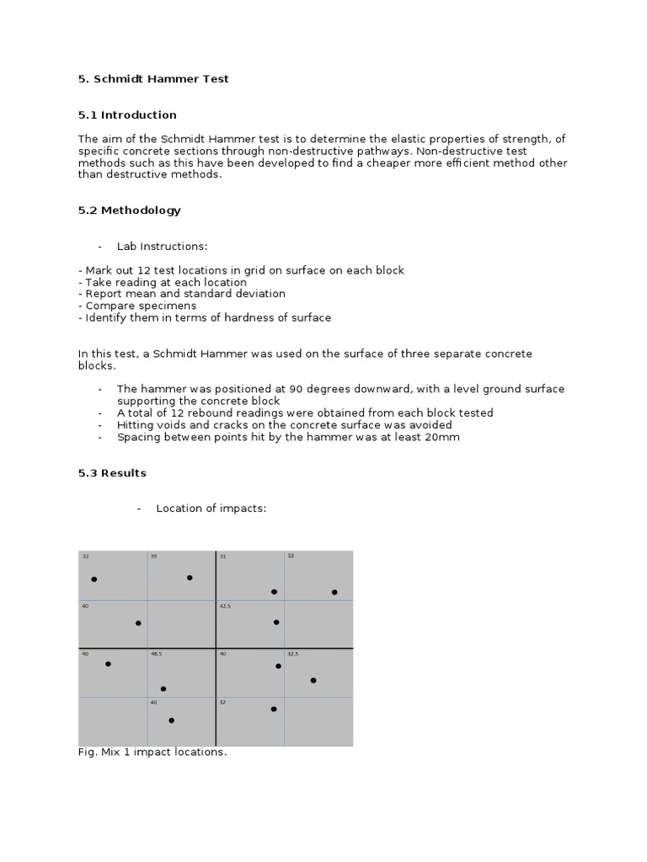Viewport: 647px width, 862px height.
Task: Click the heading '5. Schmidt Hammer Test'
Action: (x=153, y=79)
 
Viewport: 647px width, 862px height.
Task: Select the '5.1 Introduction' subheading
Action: (x=127, y=115)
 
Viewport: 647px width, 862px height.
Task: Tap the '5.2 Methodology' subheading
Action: (x=129, y=210)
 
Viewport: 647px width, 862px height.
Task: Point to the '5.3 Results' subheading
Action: (x=112, y=473)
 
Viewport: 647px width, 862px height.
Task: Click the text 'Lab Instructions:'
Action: (x=162, y=247)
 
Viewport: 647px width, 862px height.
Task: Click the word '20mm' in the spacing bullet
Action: (x=443, y=438)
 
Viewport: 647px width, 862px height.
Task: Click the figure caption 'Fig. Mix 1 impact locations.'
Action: (x=152, y=753)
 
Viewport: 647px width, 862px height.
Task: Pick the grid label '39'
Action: (x=153, y=557)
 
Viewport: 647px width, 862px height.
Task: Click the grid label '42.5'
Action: (x=225, y=606)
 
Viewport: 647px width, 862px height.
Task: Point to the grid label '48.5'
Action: (x=157, y=654)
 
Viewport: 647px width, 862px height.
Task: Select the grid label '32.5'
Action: (x=293, y=654)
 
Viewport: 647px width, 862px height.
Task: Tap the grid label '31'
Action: (x=222, y=557)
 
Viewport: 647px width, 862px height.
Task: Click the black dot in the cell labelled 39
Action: (x=190, y=577)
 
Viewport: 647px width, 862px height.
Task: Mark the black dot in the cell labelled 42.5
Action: (x=276, y=622)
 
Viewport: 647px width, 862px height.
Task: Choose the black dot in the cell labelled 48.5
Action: (x=163, y=689)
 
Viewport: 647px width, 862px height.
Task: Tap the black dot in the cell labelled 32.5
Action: (x=313, y=680)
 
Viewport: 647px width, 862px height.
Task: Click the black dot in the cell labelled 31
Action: (x=274, y=592)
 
